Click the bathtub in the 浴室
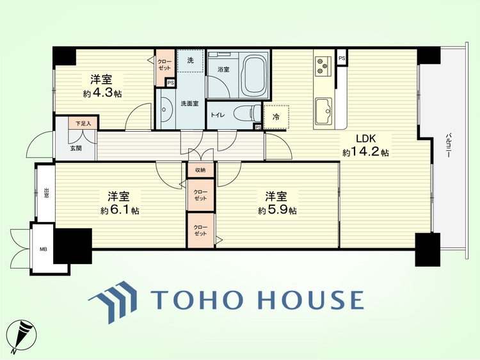point(254,75)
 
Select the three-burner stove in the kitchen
point(323,66)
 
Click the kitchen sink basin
point(324,111)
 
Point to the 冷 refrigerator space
point(276,117)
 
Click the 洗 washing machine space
point(191,61)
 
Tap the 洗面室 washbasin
point(164,109)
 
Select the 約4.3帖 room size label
point(102,93)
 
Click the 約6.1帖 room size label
point(120,210)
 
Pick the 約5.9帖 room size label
point(277,210)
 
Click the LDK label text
point(365,139)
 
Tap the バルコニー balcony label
point(449,145)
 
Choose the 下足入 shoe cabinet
point(84,123)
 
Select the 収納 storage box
point(200,170)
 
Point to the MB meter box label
point(43,249)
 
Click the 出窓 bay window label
point(46,192)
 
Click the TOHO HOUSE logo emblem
point(113,302)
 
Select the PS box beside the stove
point(342,58)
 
